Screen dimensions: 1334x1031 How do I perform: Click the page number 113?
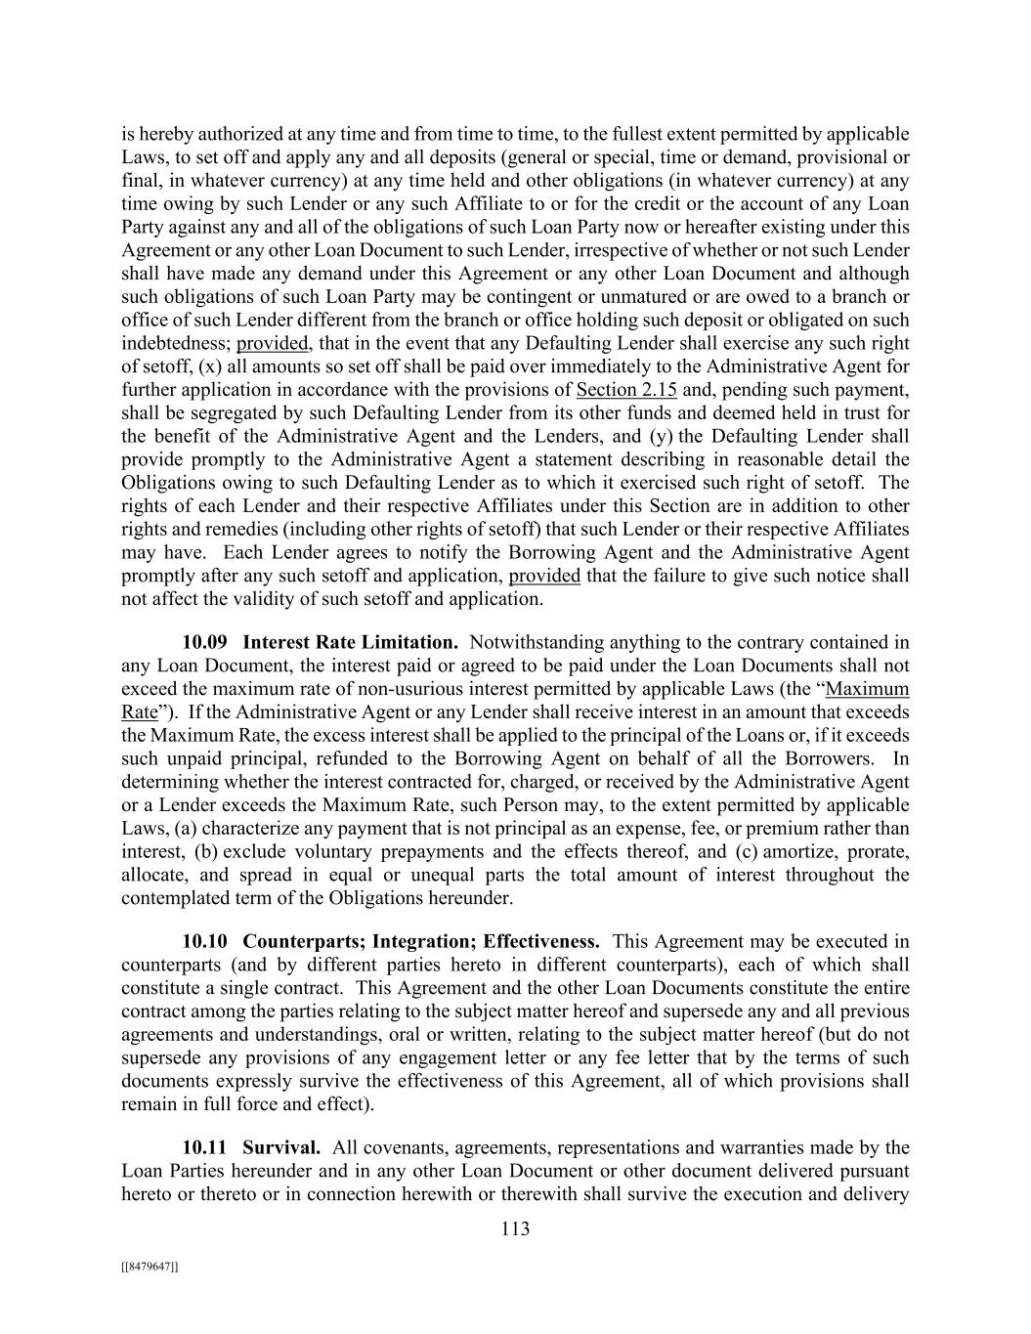click(x=515, y=1228)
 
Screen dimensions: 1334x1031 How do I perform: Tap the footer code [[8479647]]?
click(x=150, y=1267)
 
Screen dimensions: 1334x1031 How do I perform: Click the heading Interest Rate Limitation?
click(x=350, y=642)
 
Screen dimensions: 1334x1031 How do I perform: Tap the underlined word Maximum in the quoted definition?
click(x=867, y=689)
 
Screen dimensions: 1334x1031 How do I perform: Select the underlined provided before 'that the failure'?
click(x=544, y=576)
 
